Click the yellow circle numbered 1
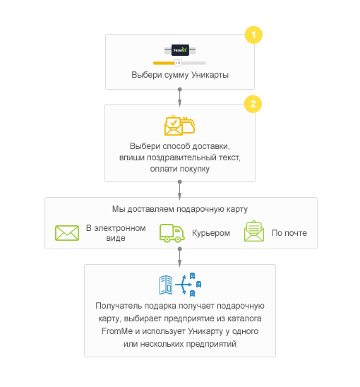(x=253, y=35)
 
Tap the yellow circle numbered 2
(x=253, y=104)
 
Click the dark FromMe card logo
(x=180, y=50)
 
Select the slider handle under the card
(x=178, y=63)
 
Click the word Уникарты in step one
(x=210, y=75)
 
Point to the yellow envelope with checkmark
(x=174, y=125)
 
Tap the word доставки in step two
(x=211, y=146)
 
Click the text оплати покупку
(x=180, y=169)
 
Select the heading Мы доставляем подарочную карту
(x=180, y=209)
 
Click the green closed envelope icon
(x=67, y=233)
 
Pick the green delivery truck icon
(x=172, y=233)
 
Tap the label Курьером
(x=211, y=233)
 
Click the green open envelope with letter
(x=254, y=231)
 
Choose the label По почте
(x=289, y=233)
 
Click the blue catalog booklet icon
(x=166, y=285)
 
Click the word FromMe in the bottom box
(x=117, y=331)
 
